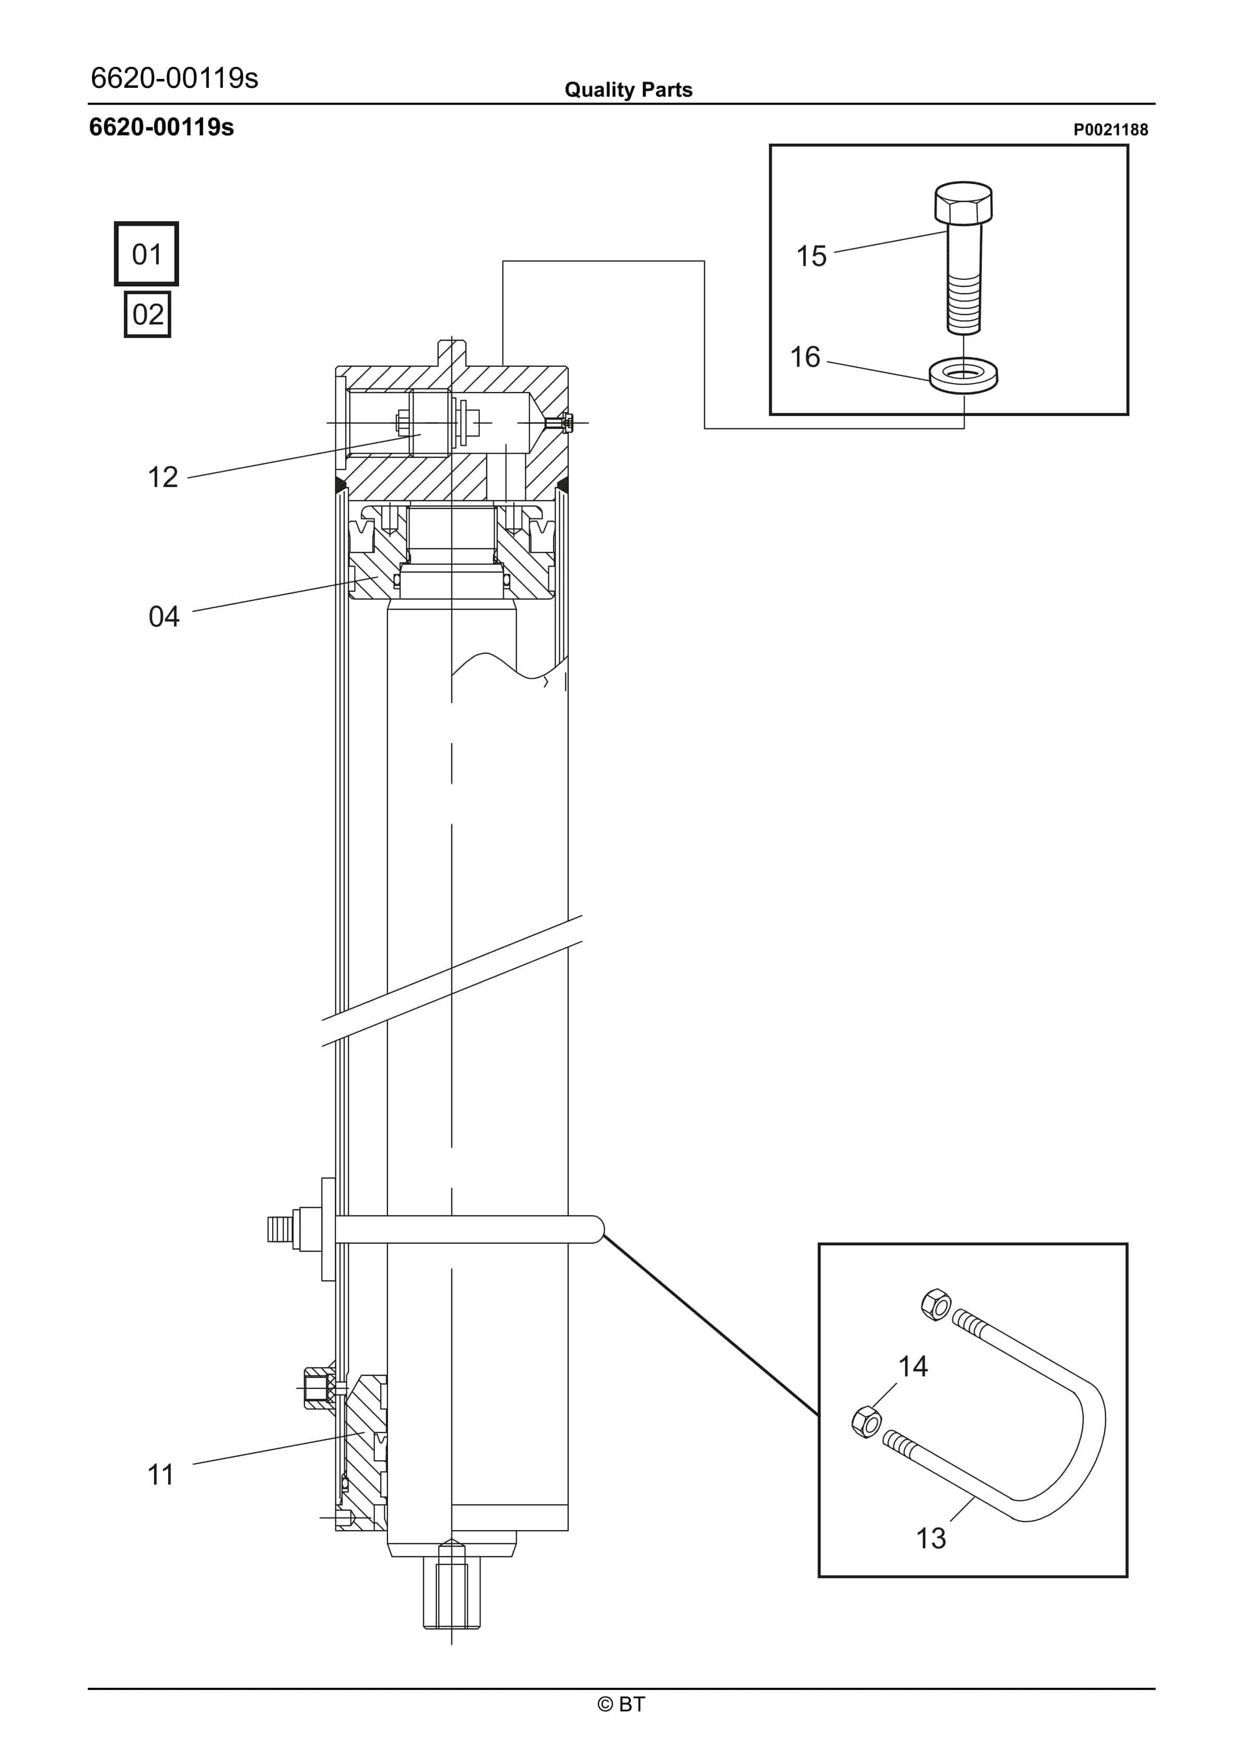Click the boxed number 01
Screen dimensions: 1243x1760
click(x=146, y=254)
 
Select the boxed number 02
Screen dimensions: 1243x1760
click(x=147, y=314)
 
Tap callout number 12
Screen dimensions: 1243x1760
click(x=162, y=478)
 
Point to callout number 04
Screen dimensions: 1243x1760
click(x=163, y=616)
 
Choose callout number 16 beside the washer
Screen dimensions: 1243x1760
click(x=805, y=357)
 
